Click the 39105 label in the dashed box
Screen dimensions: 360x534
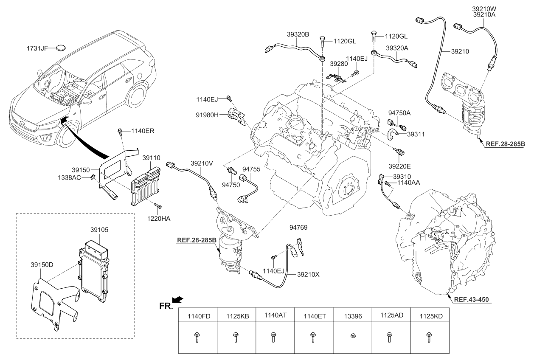coord(100,229)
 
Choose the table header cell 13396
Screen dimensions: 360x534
coord(351,316)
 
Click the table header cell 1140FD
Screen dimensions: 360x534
coord(197,316)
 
